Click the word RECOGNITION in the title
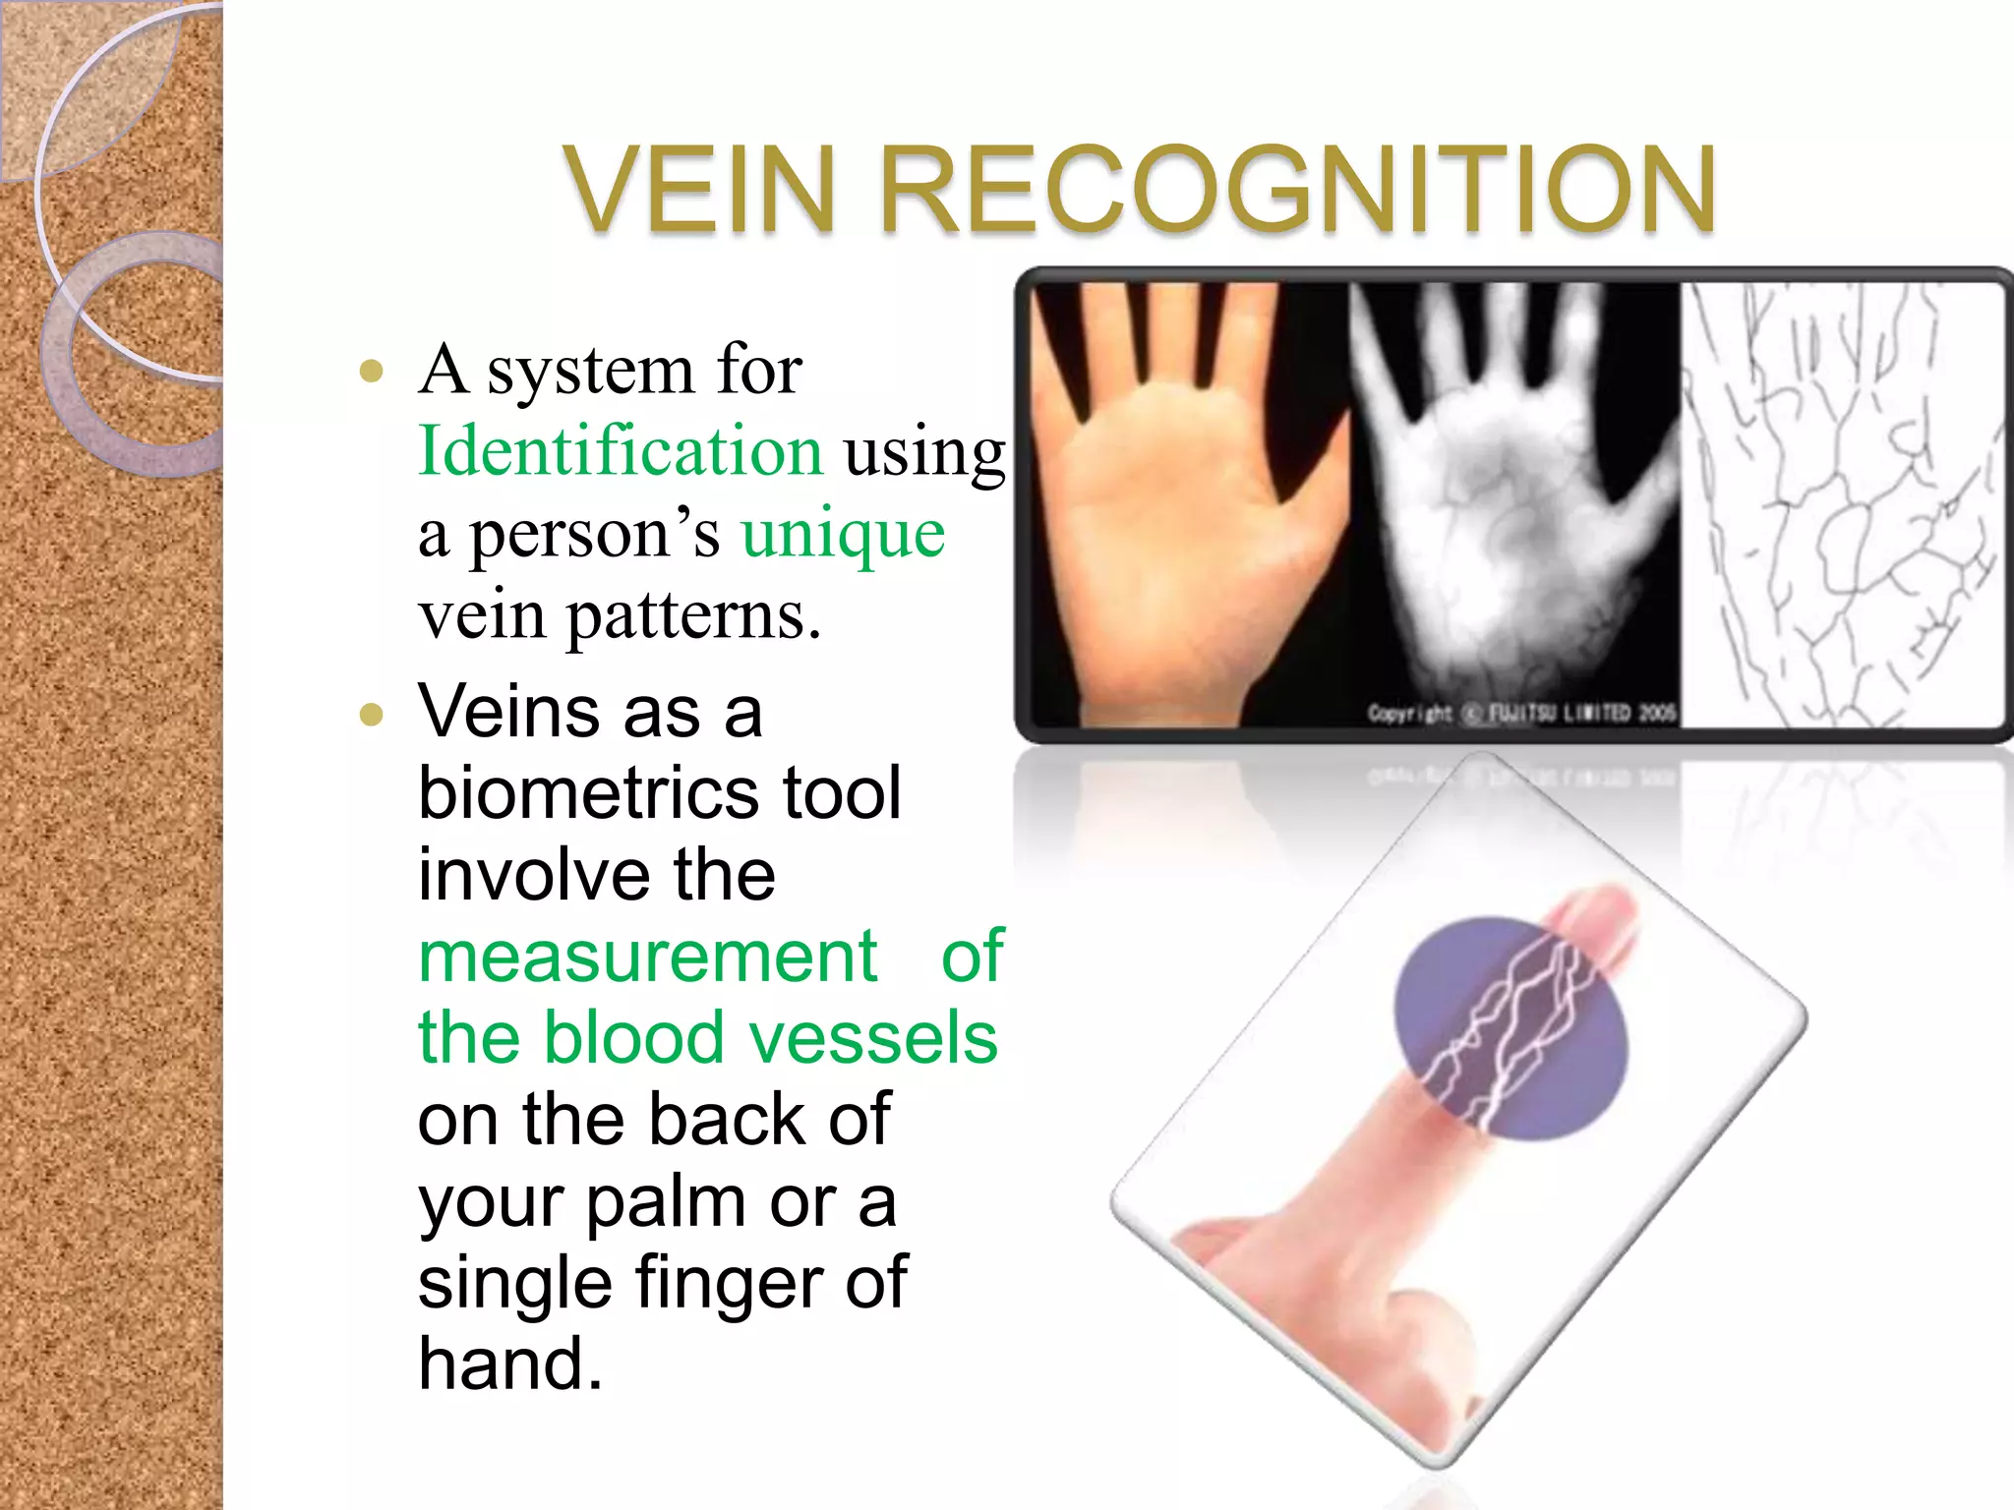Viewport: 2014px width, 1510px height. pos(1298,189)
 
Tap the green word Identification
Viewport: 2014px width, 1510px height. pos(620,451)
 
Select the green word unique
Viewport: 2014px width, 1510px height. pos(843,534)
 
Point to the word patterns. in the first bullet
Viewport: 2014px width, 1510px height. pos(693,616)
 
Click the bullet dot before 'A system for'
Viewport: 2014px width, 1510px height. pos(371,372)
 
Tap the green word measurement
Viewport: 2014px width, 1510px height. pos(647,956)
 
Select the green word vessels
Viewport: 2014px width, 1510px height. pos(873,1038)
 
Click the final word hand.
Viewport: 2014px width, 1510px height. pos(509,1365)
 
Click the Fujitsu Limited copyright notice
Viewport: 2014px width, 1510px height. pos(1520,713)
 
